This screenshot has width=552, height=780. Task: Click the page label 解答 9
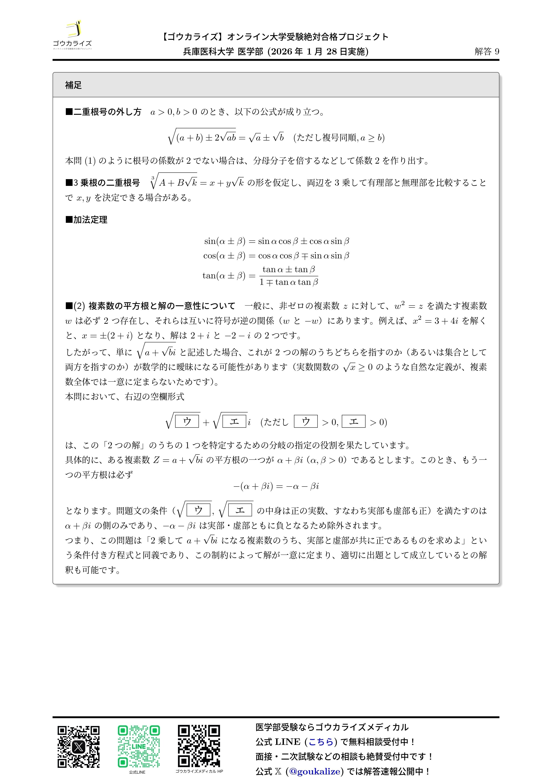pos(487,51)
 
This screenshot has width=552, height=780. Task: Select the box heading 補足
pos(73,85)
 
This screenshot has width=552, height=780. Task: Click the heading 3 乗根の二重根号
pos(103,183)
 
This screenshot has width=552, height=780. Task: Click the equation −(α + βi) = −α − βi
pos(276,486)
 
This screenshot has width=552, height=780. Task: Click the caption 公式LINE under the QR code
pos(137,772)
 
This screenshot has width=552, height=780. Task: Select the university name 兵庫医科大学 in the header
pos(208,51)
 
